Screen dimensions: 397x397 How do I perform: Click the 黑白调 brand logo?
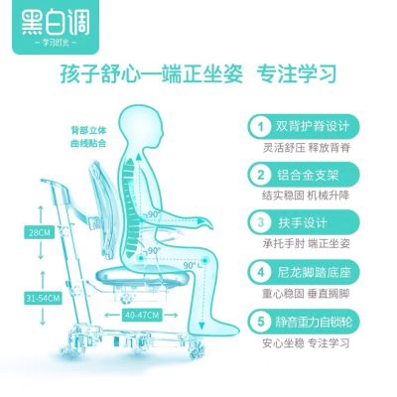tap(56, 27)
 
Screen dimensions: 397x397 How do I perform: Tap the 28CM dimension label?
tap(39, 232)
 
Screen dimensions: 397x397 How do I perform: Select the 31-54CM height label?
tap(43, 299)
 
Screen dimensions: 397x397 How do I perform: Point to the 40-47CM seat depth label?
tap(142, 315)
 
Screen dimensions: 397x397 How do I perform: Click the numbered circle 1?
tap(261, 127)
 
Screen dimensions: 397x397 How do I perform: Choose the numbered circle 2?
tap(261, 175)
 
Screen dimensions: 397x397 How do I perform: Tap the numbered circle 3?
tap(261, 222)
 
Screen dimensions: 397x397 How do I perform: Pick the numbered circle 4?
tap(261, 272)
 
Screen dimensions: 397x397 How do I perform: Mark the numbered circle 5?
tap(261, 322)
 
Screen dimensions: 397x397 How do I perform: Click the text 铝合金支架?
tap(309, 175)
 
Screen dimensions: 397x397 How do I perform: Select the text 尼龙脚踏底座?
tap(314, 272)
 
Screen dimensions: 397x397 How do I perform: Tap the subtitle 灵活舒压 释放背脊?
tap(307, 148)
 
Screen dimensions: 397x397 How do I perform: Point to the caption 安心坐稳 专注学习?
tap(306, 343)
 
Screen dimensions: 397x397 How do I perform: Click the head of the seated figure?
tap(141, 126)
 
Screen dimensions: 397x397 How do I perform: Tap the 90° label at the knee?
tap(191, 265)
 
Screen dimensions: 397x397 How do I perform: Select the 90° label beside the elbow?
tap(153, 214)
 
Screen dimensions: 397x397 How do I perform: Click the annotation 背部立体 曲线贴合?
tap(88, 137)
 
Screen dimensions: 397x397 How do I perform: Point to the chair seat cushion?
tap(144, 276)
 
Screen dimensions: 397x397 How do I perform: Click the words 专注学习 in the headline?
tap(297, 73)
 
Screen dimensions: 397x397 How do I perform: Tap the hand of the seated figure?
tap(205, 222)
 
